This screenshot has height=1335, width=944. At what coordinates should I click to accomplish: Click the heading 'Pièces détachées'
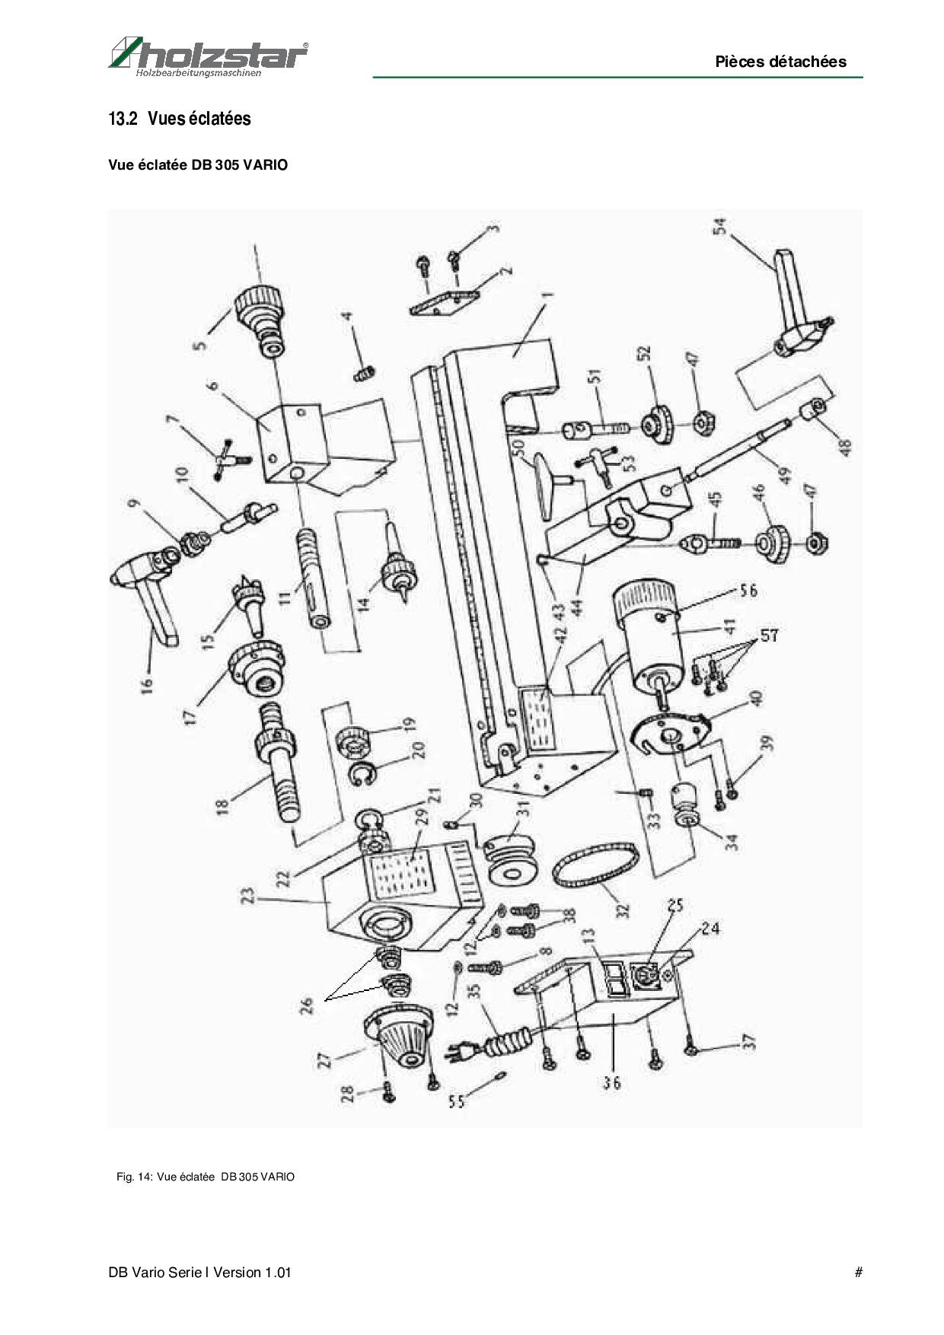point(780,62)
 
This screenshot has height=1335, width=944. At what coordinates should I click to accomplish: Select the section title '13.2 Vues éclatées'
point(180,119)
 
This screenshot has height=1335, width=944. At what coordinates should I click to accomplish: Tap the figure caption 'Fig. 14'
point(205,1177)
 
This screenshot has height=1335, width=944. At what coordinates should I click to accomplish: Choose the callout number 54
point(719,226)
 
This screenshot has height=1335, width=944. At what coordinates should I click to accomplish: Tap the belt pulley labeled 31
point(512,860)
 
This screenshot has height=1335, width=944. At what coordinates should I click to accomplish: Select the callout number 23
point(246,899)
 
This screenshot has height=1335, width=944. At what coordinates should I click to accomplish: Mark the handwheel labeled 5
point(262,316)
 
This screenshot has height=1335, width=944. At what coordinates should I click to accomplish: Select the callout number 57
point(770,634)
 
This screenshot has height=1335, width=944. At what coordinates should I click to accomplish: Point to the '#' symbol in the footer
point(858,1272)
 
